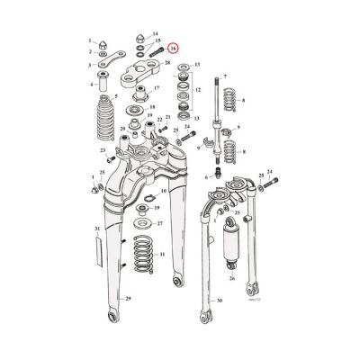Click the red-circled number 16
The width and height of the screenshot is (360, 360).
[x=175, y=52]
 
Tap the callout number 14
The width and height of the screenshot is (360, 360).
[x=157, y=32]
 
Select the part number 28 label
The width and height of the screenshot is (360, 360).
[x=167, y=62]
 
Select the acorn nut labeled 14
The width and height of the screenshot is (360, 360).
[x=142, y=37]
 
